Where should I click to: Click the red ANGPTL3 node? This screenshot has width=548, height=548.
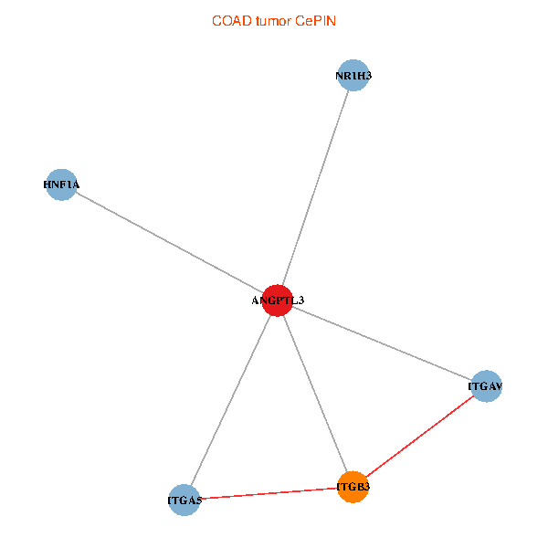pyautogui.click(x=277, y=300)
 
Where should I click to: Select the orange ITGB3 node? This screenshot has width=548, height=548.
pyautogui.click(x=353, y=487)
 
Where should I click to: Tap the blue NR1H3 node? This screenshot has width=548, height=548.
pyautogui.click(x=353, y=76)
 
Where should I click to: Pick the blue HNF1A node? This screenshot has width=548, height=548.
pyautogui.click(x=61, y=184)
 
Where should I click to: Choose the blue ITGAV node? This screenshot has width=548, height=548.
pyautogui.click(x=486, y=386)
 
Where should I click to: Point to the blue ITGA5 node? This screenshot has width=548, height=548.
pyautogui.click(x=184, y=501)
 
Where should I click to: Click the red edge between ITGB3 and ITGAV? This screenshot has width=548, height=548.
pyautogui.click(x=420, y=437)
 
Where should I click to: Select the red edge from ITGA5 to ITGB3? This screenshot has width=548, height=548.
pyautogui.click(x=269, y=493)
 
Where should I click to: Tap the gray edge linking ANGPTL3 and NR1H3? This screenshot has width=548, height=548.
pyautogui.click(x=315, y=188)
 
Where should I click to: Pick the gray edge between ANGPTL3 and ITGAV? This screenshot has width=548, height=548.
pyautogui.click(x=382, y=343)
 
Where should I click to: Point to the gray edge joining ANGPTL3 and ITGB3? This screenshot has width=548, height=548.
pyautogui.click(x=315, y=394)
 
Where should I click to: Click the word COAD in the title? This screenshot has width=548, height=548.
pyautogui.click(x=232, y=21)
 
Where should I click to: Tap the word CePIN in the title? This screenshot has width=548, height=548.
pyautogui.click(x=316, y=21)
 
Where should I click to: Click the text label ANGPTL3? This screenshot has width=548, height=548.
pyautogui.click(x=278, y=300)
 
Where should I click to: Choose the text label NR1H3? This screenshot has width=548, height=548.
pyautogui.click(x=353, y=76)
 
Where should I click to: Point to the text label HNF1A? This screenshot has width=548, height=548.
pyautogui.click(x=61, y=184)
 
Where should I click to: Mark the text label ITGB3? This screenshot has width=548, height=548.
pyautogui.click(x=353, y=487)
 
